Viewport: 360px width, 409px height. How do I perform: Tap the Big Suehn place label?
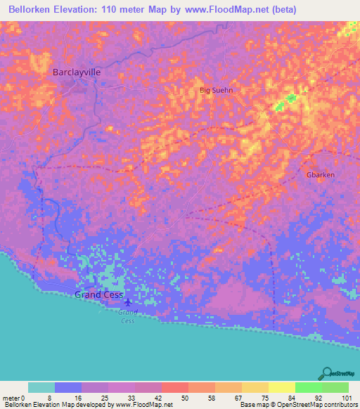[216, 90]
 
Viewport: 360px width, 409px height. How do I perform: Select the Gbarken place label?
[321, 174]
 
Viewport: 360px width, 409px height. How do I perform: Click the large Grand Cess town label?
[99, 294]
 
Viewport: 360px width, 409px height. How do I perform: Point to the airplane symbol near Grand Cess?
[127, 304]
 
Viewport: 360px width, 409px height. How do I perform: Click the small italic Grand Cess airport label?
[127, 316]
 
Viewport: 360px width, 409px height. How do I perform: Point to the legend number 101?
[347, 398]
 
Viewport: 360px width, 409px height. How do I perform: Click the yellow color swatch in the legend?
[281, 387]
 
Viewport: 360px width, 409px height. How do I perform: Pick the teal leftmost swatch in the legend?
[41, 387]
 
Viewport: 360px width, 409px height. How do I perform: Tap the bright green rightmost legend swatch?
[335, 387]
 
